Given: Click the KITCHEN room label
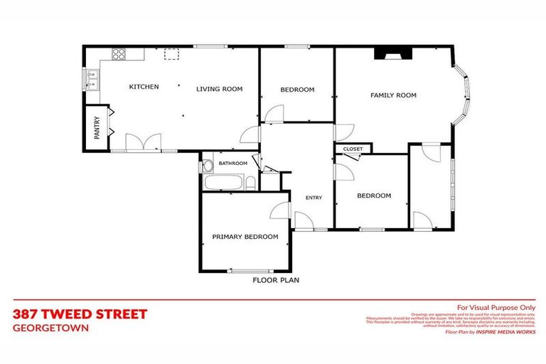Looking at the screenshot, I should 144,87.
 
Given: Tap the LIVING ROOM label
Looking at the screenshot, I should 220,89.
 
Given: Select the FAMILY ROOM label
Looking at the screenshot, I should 393,95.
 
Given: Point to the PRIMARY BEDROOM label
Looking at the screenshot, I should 245,237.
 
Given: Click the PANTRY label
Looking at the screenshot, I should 97,129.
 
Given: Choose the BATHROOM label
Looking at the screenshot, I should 233,164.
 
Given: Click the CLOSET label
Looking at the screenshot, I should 353,149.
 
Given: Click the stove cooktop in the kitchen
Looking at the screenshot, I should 119,54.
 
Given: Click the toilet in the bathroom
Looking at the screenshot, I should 207,166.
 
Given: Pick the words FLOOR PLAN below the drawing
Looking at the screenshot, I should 276,280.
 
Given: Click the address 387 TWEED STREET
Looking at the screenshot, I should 80,314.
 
